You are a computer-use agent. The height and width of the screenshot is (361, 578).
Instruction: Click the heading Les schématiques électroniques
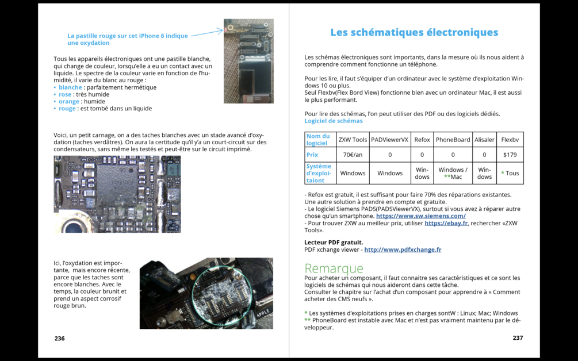tap(414, 33)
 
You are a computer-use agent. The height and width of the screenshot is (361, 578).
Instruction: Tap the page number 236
tap(60, 338)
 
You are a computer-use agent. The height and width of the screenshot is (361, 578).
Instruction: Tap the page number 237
tap(518, 338)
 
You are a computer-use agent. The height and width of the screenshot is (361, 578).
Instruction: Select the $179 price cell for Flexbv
tap(510, 155)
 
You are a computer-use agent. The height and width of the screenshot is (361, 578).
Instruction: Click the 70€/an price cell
tap(353, 155)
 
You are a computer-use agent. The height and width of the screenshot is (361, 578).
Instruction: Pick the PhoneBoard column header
tap(453, 140)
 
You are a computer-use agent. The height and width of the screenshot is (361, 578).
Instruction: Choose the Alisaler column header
tap(484, 140)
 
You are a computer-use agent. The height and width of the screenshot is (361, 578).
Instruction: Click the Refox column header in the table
tap(422, 140)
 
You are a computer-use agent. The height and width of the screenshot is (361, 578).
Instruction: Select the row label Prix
tap(312, 155)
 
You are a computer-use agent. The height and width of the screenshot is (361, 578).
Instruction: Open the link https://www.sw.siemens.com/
tap(420, 216)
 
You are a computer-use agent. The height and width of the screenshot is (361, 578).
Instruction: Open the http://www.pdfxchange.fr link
tap(403, 249)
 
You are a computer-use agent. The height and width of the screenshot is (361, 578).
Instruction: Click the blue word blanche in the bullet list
tap(70, 88)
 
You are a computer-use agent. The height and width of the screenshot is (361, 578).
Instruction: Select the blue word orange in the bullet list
tap(69, 102)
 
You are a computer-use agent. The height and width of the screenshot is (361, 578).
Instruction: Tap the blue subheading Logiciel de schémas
tap(334, 121)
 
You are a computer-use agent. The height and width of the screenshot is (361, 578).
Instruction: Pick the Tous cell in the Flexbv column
tap(510, 173)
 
